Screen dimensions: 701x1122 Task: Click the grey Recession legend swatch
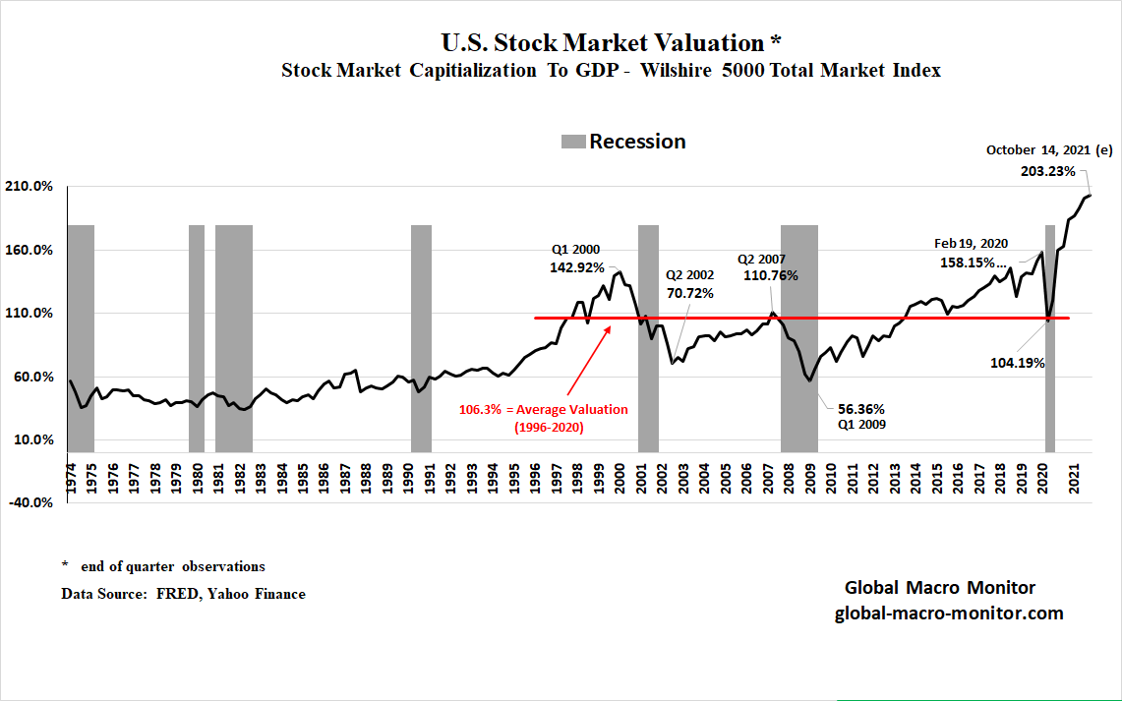coord(572,142)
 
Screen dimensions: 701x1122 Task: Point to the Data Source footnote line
coord(183,594)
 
